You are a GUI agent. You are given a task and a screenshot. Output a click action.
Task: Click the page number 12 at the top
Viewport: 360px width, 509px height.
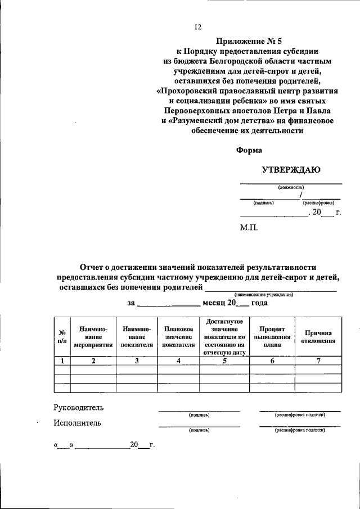(197, 26)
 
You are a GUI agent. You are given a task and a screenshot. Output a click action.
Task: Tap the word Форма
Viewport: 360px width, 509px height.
(249, 150)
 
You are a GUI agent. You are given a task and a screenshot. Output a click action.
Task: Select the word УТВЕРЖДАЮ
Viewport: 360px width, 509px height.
(291, 169)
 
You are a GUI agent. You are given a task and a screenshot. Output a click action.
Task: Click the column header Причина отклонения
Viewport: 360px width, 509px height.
(318, 336)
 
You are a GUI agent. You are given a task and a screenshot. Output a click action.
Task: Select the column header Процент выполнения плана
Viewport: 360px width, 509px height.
(272, 336)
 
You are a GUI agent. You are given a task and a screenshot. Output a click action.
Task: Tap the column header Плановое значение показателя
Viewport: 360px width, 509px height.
(178, 336)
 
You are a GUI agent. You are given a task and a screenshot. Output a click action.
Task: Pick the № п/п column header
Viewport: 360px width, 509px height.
(62, 336)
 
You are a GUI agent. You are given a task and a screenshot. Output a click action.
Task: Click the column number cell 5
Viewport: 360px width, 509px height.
(224, 361)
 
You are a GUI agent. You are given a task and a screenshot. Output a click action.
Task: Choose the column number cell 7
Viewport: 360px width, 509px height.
(318, 361)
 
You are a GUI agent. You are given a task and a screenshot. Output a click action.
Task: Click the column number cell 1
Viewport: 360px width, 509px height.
(62, 361)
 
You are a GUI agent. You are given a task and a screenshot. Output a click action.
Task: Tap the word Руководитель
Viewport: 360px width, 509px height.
(79, 407)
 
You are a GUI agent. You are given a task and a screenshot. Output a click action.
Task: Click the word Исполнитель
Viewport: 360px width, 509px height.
(78, 423)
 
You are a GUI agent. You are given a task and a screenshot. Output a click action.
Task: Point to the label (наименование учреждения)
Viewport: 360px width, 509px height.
(264, 295)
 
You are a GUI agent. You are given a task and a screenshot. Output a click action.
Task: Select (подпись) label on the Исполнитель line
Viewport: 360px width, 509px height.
(200, 430)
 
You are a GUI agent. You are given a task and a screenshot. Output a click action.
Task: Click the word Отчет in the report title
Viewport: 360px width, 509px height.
(92, 267)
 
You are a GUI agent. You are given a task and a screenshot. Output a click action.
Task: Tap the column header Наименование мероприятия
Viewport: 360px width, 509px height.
(93, 336)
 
